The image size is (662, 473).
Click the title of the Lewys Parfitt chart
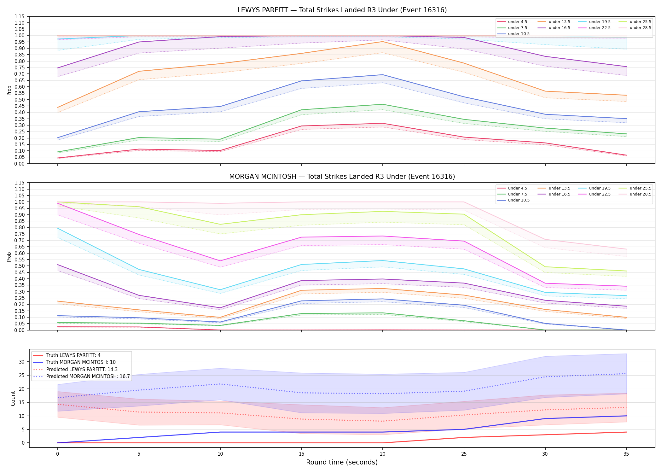pyautogui.click(x=342, y=10)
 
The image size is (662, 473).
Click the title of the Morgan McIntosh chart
pyautogui.click(x=342, y=177)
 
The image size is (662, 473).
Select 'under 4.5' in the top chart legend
pyautogui.click(x=517, y=22)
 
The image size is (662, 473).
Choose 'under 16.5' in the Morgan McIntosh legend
pyautogui.click(x=559, y=194)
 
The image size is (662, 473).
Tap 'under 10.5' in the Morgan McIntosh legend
pyautogui.click(x=519, y=200)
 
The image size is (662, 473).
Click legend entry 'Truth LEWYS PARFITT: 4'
pyautogui.click(x=73, y=355)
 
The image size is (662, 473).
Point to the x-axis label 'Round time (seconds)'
pyautogui.click(x=342, y=462)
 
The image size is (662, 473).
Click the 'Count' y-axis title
pyautogui.click(x=13, y=398)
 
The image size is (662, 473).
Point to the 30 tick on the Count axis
pyautogui.click(x=21, y=362)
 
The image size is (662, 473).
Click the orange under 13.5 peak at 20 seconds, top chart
pyautogui.click(x=382, y=42)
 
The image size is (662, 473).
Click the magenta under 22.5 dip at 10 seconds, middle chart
pyautogui.click(x=220, y=261)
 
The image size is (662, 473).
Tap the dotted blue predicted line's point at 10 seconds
pyautogui.click(x=220, y=384)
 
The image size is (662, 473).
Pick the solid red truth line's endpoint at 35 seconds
pyautogui.click(x=626, y=432)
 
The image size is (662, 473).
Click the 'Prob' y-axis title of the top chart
pyautogui.click(x=9, y=90)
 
